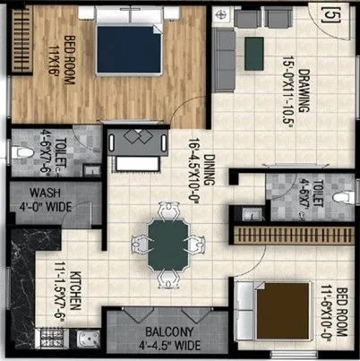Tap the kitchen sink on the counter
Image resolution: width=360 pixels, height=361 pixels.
click(86, 340)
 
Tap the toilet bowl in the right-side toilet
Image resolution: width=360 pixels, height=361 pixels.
click(338, 197)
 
